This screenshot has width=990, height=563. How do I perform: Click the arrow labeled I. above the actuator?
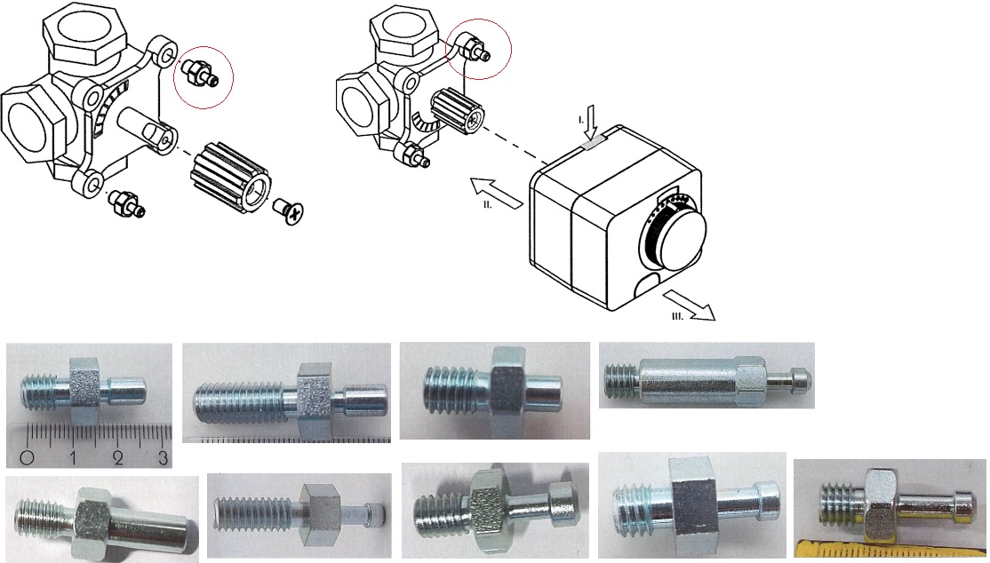(591, 123)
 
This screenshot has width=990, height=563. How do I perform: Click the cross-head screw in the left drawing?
(289, 211)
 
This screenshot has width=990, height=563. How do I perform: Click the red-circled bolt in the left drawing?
(200, 73)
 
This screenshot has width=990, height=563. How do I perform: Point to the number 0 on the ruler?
(28, 457)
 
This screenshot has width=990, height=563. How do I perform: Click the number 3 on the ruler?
(163, 457)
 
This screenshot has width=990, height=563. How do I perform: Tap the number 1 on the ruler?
(73, 457)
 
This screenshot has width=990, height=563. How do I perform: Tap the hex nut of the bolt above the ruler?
(85, 390)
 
